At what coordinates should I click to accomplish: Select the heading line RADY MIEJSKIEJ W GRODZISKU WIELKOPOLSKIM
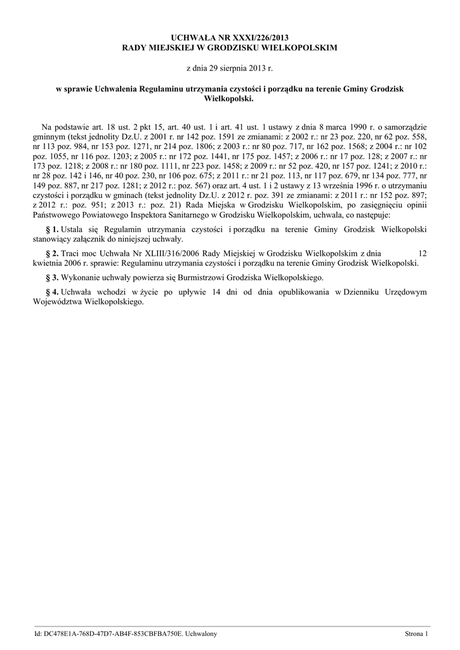point(230,48)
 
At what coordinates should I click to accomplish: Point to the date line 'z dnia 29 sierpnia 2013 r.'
point(230,67)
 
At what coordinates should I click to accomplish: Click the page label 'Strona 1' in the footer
point(417,633)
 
